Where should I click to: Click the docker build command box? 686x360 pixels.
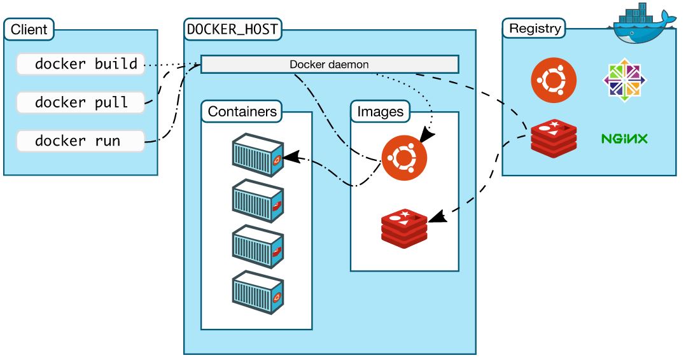[x=80, y=64]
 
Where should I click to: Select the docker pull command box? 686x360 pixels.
[x=80, y=102]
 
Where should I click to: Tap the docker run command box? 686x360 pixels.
[x=80, y=141]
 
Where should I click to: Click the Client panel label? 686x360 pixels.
[x=29, y=29]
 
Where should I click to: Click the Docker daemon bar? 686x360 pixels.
[x=329, y=64]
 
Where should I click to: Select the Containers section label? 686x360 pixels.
[x=242, y=112]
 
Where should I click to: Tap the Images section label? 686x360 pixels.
[x=380, y=112]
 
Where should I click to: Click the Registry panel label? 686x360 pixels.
[x=535, y=29]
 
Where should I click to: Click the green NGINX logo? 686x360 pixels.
[x=624, y=138]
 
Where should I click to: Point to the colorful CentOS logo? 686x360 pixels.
[x=624, y=81]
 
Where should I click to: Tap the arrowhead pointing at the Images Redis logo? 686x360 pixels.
[x=437, y=218]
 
